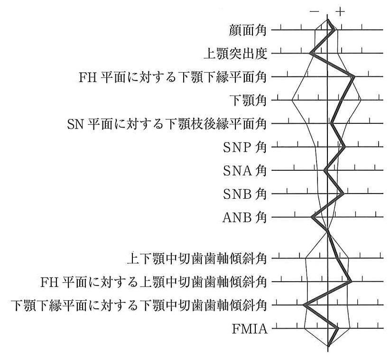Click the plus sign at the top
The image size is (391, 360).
pos(340,12)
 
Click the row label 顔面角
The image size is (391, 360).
pos(248,30)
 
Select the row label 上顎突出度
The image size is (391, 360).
pos(236,54)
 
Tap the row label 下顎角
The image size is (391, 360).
pos(248,101)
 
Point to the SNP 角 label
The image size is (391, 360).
pos(245,148)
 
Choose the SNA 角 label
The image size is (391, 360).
pos(245,171)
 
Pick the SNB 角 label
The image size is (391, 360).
pos(245,194)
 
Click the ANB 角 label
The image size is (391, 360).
pos(244,217)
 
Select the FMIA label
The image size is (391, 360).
pos(250,329)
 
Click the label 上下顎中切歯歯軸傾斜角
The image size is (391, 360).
pos(197,258)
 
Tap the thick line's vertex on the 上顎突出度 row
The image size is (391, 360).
pos(310,53)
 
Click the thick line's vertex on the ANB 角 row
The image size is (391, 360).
pos(312,217)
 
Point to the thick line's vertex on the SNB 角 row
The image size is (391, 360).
pos(343,193)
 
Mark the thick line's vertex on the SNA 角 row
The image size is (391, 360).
pos(325,170)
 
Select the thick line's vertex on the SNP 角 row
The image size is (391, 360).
pos(344,147)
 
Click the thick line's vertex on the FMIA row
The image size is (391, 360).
pos(338,328)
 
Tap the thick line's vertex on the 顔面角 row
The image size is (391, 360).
pos(334,30)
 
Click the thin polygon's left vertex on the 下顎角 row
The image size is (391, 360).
pos(292,100)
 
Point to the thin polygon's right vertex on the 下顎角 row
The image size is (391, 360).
pos(361,100)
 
